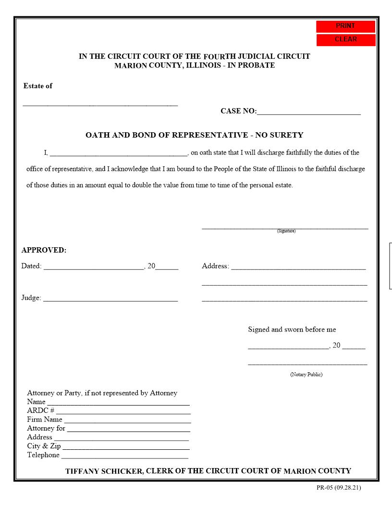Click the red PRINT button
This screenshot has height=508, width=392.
point(345,26)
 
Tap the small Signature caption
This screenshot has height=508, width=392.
point(286,231)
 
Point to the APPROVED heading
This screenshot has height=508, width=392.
point(44,250)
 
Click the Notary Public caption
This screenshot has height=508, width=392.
point(306,374)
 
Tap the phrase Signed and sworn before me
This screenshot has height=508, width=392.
point(292,330)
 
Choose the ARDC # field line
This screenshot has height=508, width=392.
point(123,413)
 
